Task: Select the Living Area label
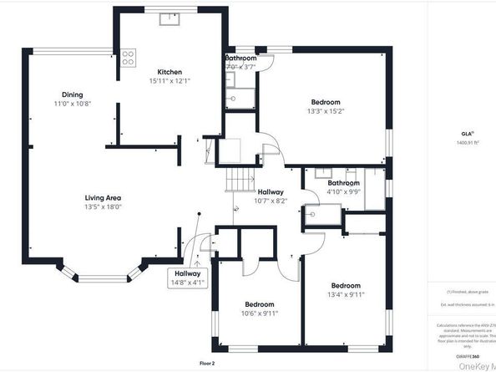point(103,197)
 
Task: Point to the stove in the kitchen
point(129,58)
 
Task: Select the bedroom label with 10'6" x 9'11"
point(260,304)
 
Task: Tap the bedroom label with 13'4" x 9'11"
point(345,285)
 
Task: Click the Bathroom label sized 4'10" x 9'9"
point(343,183)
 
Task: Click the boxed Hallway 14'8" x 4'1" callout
point(187,278)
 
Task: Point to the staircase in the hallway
point(241,179)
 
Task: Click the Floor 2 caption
point(207,364)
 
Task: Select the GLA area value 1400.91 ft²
point(466,142)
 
